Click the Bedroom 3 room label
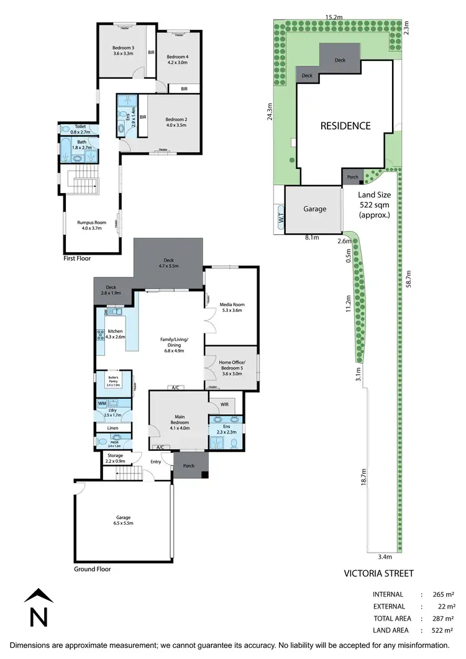click(x=124, y=51)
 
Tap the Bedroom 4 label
click(x=177, y=59)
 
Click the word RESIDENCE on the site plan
click(x=345, y=125)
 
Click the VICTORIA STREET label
click(x=378, y=573)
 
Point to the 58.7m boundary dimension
click(x=408, y=283)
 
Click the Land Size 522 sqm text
click(x=375, y=205)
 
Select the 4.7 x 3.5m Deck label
click(x=167, y=263)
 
